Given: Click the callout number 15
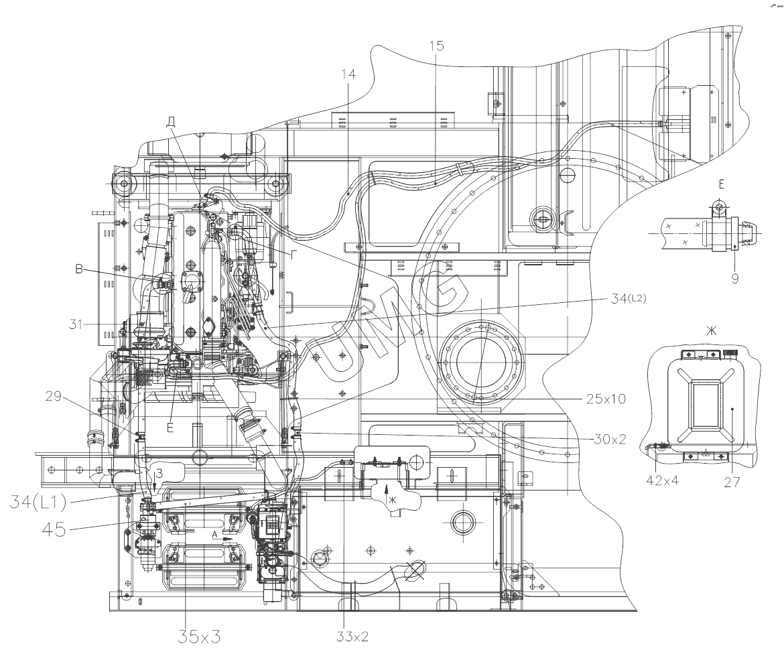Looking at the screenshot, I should pyautogui.click(x=436, y=46).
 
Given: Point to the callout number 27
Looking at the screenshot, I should pyautogui.click(x=732, y=480).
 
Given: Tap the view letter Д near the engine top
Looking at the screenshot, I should pyautogui.click(x=171, y=121).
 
